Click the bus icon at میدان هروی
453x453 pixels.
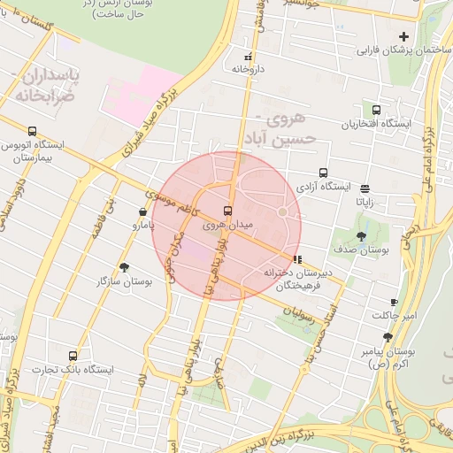click(228, 211)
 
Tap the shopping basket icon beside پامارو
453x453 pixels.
click(143, 211)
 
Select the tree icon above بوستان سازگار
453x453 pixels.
click(123, 266)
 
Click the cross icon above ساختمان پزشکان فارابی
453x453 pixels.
click(404, 36)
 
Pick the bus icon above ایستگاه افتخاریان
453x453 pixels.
click(377, 111)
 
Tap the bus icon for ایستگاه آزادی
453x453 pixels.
click(323, 173)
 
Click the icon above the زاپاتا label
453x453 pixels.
click(365, 188)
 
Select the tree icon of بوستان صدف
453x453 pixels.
click(360, 235)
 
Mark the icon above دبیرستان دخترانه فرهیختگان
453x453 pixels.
click(296, 260)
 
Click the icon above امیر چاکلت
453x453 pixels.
click(394, 302)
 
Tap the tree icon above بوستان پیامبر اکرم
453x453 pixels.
click(388, 337)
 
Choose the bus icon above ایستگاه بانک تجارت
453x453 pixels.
click(73, 355)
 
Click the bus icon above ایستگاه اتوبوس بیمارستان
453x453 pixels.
click(33, 131)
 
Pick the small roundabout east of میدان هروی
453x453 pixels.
click(283, 212)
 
